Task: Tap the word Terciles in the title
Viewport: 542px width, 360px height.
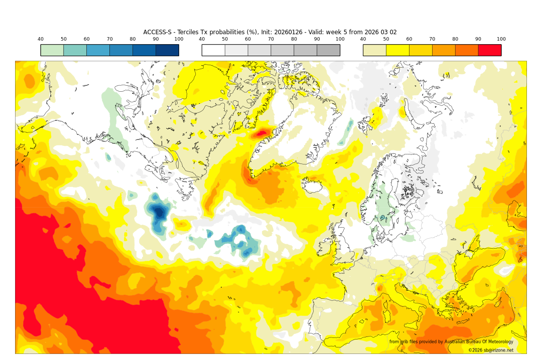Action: (x=185, y=32)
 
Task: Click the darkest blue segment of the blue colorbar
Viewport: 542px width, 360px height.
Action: (x=167, y=50)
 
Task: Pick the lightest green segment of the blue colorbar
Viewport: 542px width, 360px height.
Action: (x=52, y=50)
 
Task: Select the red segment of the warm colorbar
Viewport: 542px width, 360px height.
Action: (x=489, y=50)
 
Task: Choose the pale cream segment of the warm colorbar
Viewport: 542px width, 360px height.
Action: (x=374, y=50)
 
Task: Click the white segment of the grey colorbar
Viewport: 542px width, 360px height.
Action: (x=213, y=50)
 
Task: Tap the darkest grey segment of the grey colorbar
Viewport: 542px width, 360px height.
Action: (x=328, y=50)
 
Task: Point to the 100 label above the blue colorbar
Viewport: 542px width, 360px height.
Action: (x=179, y=39)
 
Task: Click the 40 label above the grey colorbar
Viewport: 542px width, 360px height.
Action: (x=202, y=39)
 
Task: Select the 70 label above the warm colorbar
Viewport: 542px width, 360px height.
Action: (x=432, y=39)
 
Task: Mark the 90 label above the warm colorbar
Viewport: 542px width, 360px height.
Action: (x=478, y=39)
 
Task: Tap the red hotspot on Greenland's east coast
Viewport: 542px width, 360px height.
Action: (x=262, y=133)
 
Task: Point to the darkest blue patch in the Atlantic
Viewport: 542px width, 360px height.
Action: (x=159, y=212)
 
